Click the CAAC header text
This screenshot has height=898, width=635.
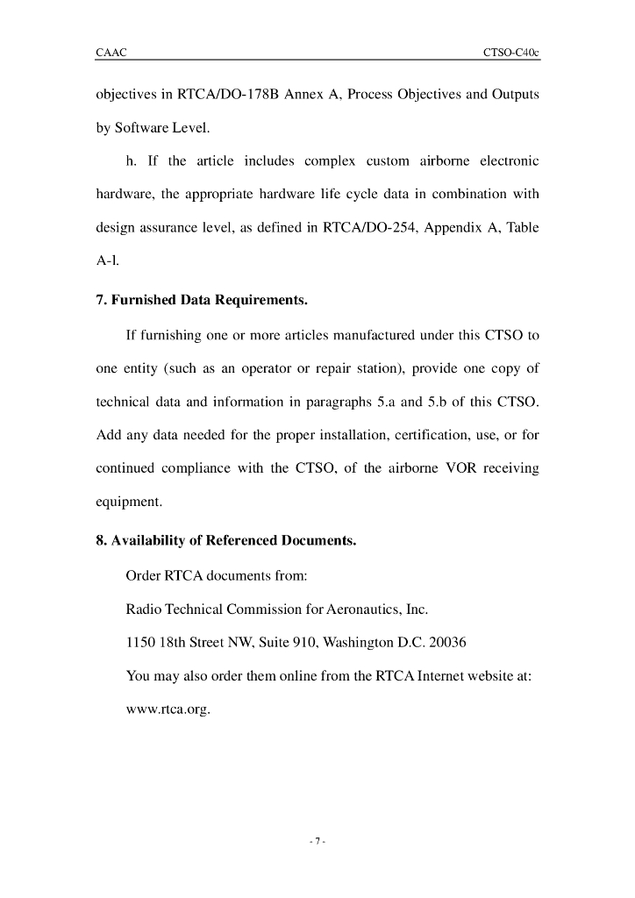coord(111,53)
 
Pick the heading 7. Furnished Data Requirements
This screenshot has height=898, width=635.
coord(201,301)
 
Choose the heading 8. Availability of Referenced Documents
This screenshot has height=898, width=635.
coord(225,540)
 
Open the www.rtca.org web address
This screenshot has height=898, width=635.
coord(168,708)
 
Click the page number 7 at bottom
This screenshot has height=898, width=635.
coord(317,843)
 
